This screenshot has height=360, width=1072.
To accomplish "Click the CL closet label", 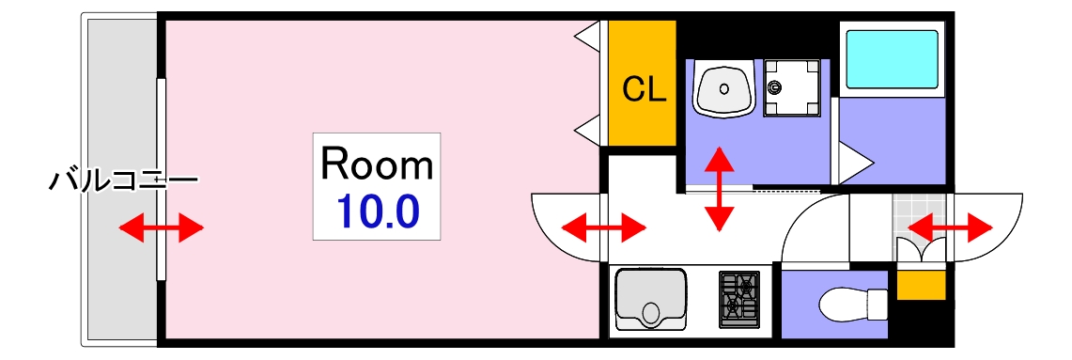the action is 645,89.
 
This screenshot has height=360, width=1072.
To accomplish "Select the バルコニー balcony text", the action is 122,178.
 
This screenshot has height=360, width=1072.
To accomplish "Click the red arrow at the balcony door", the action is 161,227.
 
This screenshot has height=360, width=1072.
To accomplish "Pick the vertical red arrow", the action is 719,188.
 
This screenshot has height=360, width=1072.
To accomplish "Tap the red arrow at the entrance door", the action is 950,227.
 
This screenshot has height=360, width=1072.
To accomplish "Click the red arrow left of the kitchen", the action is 602,227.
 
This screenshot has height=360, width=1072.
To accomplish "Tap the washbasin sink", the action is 723,89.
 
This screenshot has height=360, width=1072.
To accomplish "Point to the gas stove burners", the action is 738,298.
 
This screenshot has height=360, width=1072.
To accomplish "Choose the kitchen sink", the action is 650,298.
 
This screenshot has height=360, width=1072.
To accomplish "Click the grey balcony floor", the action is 122,273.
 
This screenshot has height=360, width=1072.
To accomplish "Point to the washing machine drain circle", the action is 775,88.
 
